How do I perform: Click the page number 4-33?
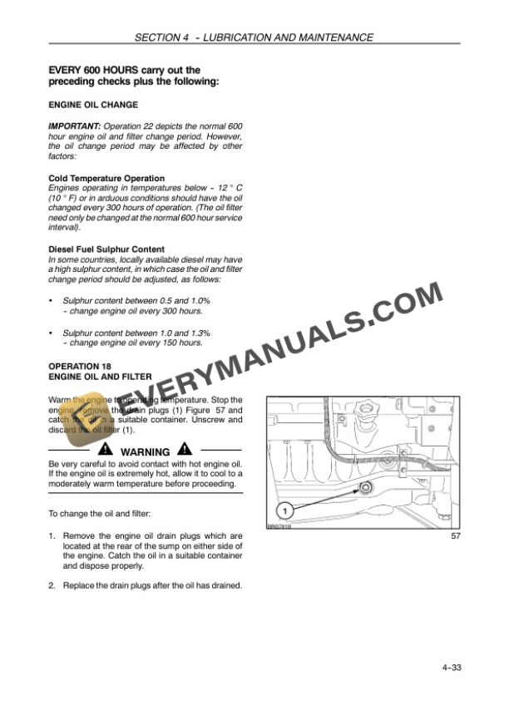click(451, 667)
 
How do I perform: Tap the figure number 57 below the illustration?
click(455, 537)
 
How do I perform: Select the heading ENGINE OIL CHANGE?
click(93, 106)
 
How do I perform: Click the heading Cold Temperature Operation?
click(106, 178)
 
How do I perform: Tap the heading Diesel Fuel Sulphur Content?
click(106, 249)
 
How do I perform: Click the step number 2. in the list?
click(53, 586)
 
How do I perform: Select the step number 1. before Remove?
click(53, 535)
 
